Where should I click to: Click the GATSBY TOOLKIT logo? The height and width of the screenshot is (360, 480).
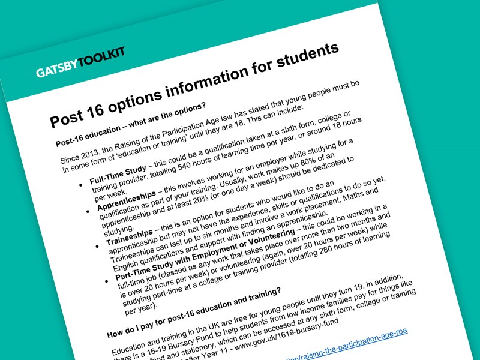click(80, 64)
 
